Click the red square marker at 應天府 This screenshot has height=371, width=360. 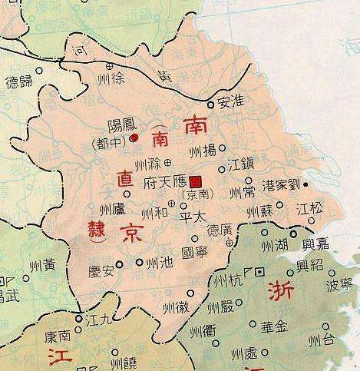point(196,181)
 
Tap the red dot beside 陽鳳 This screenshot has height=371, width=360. point(134,137)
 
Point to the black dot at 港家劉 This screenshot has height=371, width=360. point(306,185)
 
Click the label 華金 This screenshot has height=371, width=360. point(274,326)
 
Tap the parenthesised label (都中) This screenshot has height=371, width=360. point(112,144)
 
